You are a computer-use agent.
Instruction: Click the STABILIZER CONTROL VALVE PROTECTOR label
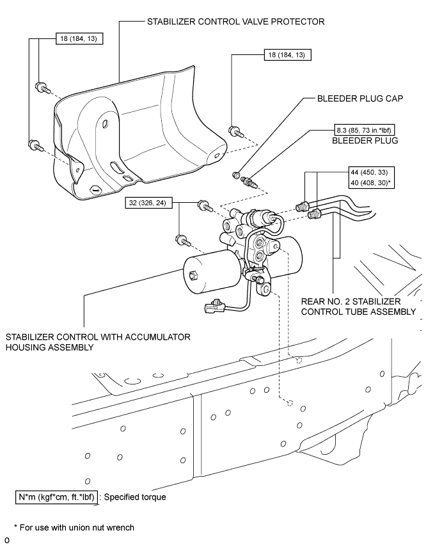tap(236, 21)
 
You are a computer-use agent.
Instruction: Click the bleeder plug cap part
tap(236, 175)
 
